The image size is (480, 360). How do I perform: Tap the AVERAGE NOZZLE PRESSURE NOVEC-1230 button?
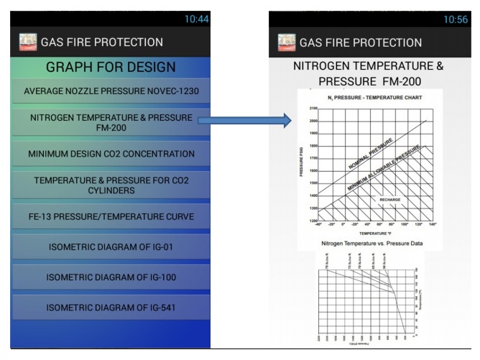[111, 91]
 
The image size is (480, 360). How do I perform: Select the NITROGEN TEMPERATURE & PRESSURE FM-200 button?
[111, 122]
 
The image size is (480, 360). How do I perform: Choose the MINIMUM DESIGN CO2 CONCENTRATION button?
[111, 154]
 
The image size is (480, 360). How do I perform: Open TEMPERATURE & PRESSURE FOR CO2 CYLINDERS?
[111, 185]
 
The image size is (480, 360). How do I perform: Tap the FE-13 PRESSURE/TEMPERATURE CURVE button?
[111, 216]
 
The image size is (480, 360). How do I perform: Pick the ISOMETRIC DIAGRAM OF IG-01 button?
[111, 247]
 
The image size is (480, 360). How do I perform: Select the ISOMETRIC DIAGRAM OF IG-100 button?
[111, 277]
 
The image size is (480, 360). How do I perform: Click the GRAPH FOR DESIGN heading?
[111, 68]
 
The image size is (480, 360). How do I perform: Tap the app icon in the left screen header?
[29, 42]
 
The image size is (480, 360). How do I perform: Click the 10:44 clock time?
[196, 19]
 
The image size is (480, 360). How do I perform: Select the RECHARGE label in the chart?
[389, 199]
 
